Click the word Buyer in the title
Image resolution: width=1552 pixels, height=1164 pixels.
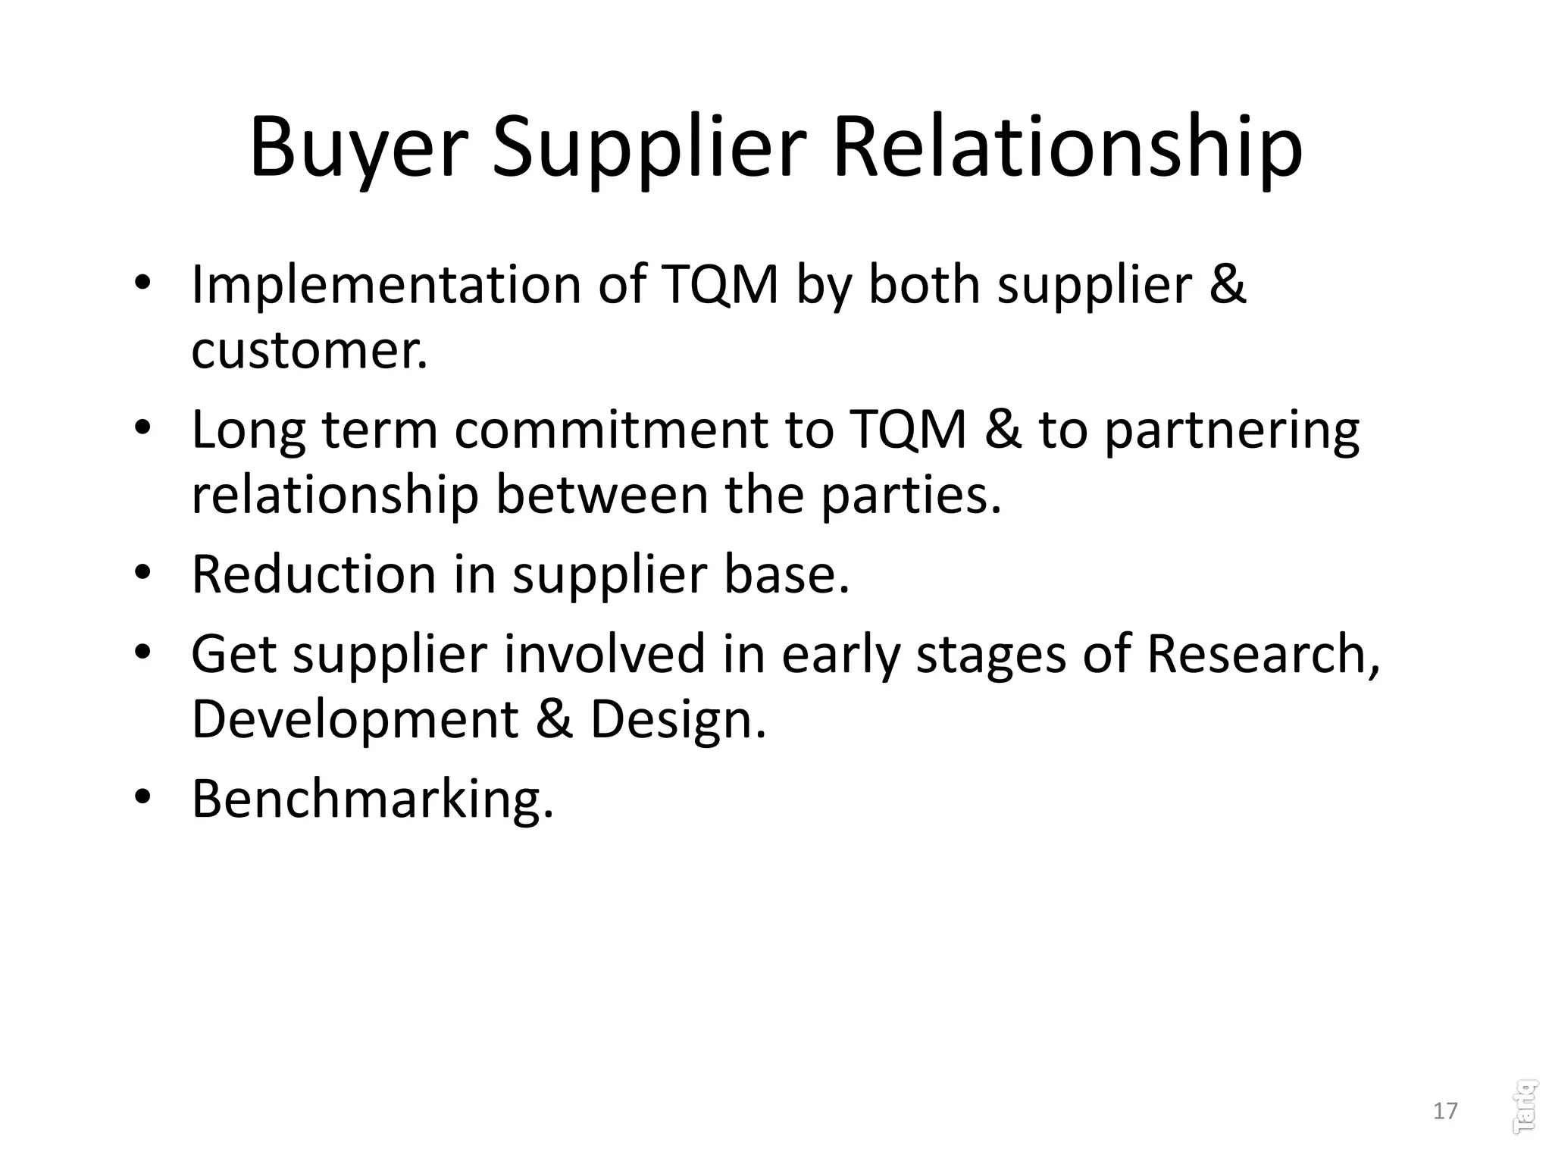click(x=355, y=148)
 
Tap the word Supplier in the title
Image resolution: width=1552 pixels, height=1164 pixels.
click(x=649, y=148)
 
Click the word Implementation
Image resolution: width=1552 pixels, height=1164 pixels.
click(x=386, y=286)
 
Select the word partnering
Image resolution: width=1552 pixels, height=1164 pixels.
click(x=1231, y=430)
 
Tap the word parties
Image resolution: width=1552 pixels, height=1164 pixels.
click(x=912, y=495)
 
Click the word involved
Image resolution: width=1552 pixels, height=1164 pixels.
click(x=604, y=654)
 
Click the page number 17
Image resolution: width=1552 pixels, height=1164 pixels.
click(x=1445, y=1111)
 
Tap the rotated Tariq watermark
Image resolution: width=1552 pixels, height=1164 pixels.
click(x=1524, y=1106)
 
